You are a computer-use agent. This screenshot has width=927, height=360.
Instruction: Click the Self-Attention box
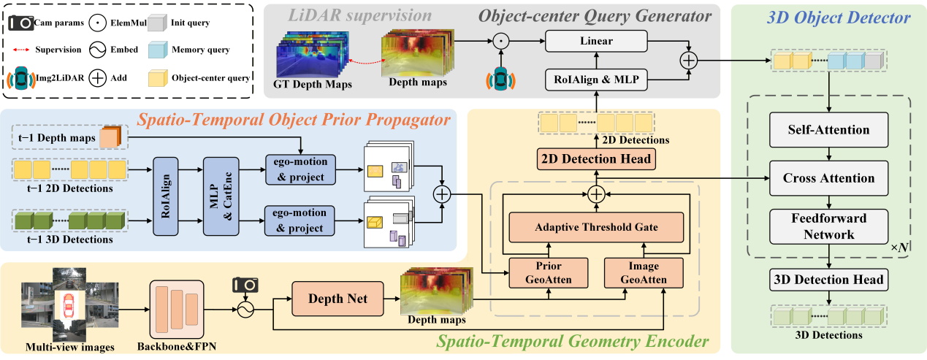[x=828, y=130]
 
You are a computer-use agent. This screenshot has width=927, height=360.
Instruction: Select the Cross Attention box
[x=828, y=177]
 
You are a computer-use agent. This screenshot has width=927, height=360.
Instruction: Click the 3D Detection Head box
[x=828, y=279]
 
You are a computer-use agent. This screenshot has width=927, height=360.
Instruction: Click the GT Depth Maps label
[x=312, y=84]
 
